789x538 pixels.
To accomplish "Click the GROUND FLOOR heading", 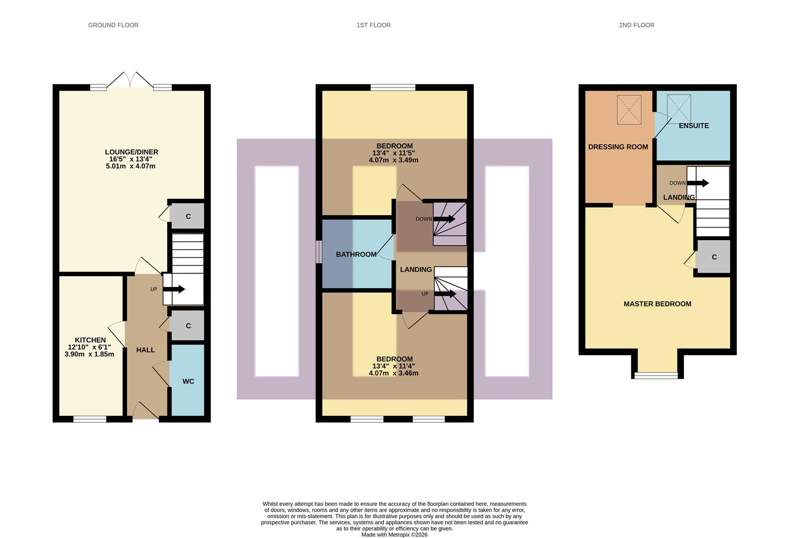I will tap(113, 25).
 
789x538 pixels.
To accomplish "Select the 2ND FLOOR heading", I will tap(636, 25).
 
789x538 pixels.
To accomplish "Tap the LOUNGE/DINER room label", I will tap(131, 152).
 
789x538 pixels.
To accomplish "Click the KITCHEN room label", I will tap(90, 340).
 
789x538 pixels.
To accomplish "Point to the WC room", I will tap(188, 381).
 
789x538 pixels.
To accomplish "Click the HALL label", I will tap(145, 350).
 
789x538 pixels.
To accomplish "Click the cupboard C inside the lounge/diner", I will tap(188, 216).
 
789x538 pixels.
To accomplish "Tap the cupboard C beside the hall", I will tap(188, 326).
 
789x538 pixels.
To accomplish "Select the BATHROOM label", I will tap(356, 255).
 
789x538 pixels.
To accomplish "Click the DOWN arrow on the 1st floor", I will tap(444, 219).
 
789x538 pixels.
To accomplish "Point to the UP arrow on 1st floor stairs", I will tap(445, 294).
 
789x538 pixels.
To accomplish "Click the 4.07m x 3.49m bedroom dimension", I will tap(393, 160).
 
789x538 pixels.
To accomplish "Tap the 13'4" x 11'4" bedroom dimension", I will tap(393, 366).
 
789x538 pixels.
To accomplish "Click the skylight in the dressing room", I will tap(629, 110).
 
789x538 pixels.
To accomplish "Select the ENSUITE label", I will tap(693, 126).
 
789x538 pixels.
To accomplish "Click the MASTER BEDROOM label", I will tap(657, 304).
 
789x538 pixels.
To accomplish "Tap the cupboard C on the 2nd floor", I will tap(714, 257).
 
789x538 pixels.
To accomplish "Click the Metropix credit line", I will tap(394, 535).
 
